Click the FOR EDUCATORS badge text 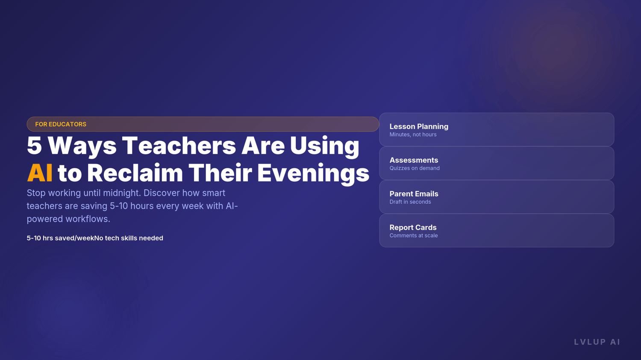point(61,124)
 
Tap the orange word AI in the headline point(40,173)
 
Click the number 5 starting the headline point(34,146)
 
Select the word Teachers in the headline point(179,146)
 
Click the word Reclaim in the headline point(135,173)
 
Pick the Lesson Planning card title point(419,127)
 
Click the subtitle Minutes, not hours point(413,135)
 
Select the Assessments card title point(414,160)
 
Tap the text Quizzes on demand point(415,168)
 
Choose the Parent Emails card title point(414,194)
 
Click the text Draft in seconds point(410,202)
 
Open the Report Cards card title point(413,228)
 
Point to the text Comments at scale point(414,236)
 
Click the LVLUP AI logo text point(597,342)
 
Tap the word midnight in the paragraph point(122,193)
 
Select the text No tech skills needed point(129,238)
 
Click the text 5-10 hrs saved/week point(60,238)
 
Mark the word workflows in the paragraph point(88,219)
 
